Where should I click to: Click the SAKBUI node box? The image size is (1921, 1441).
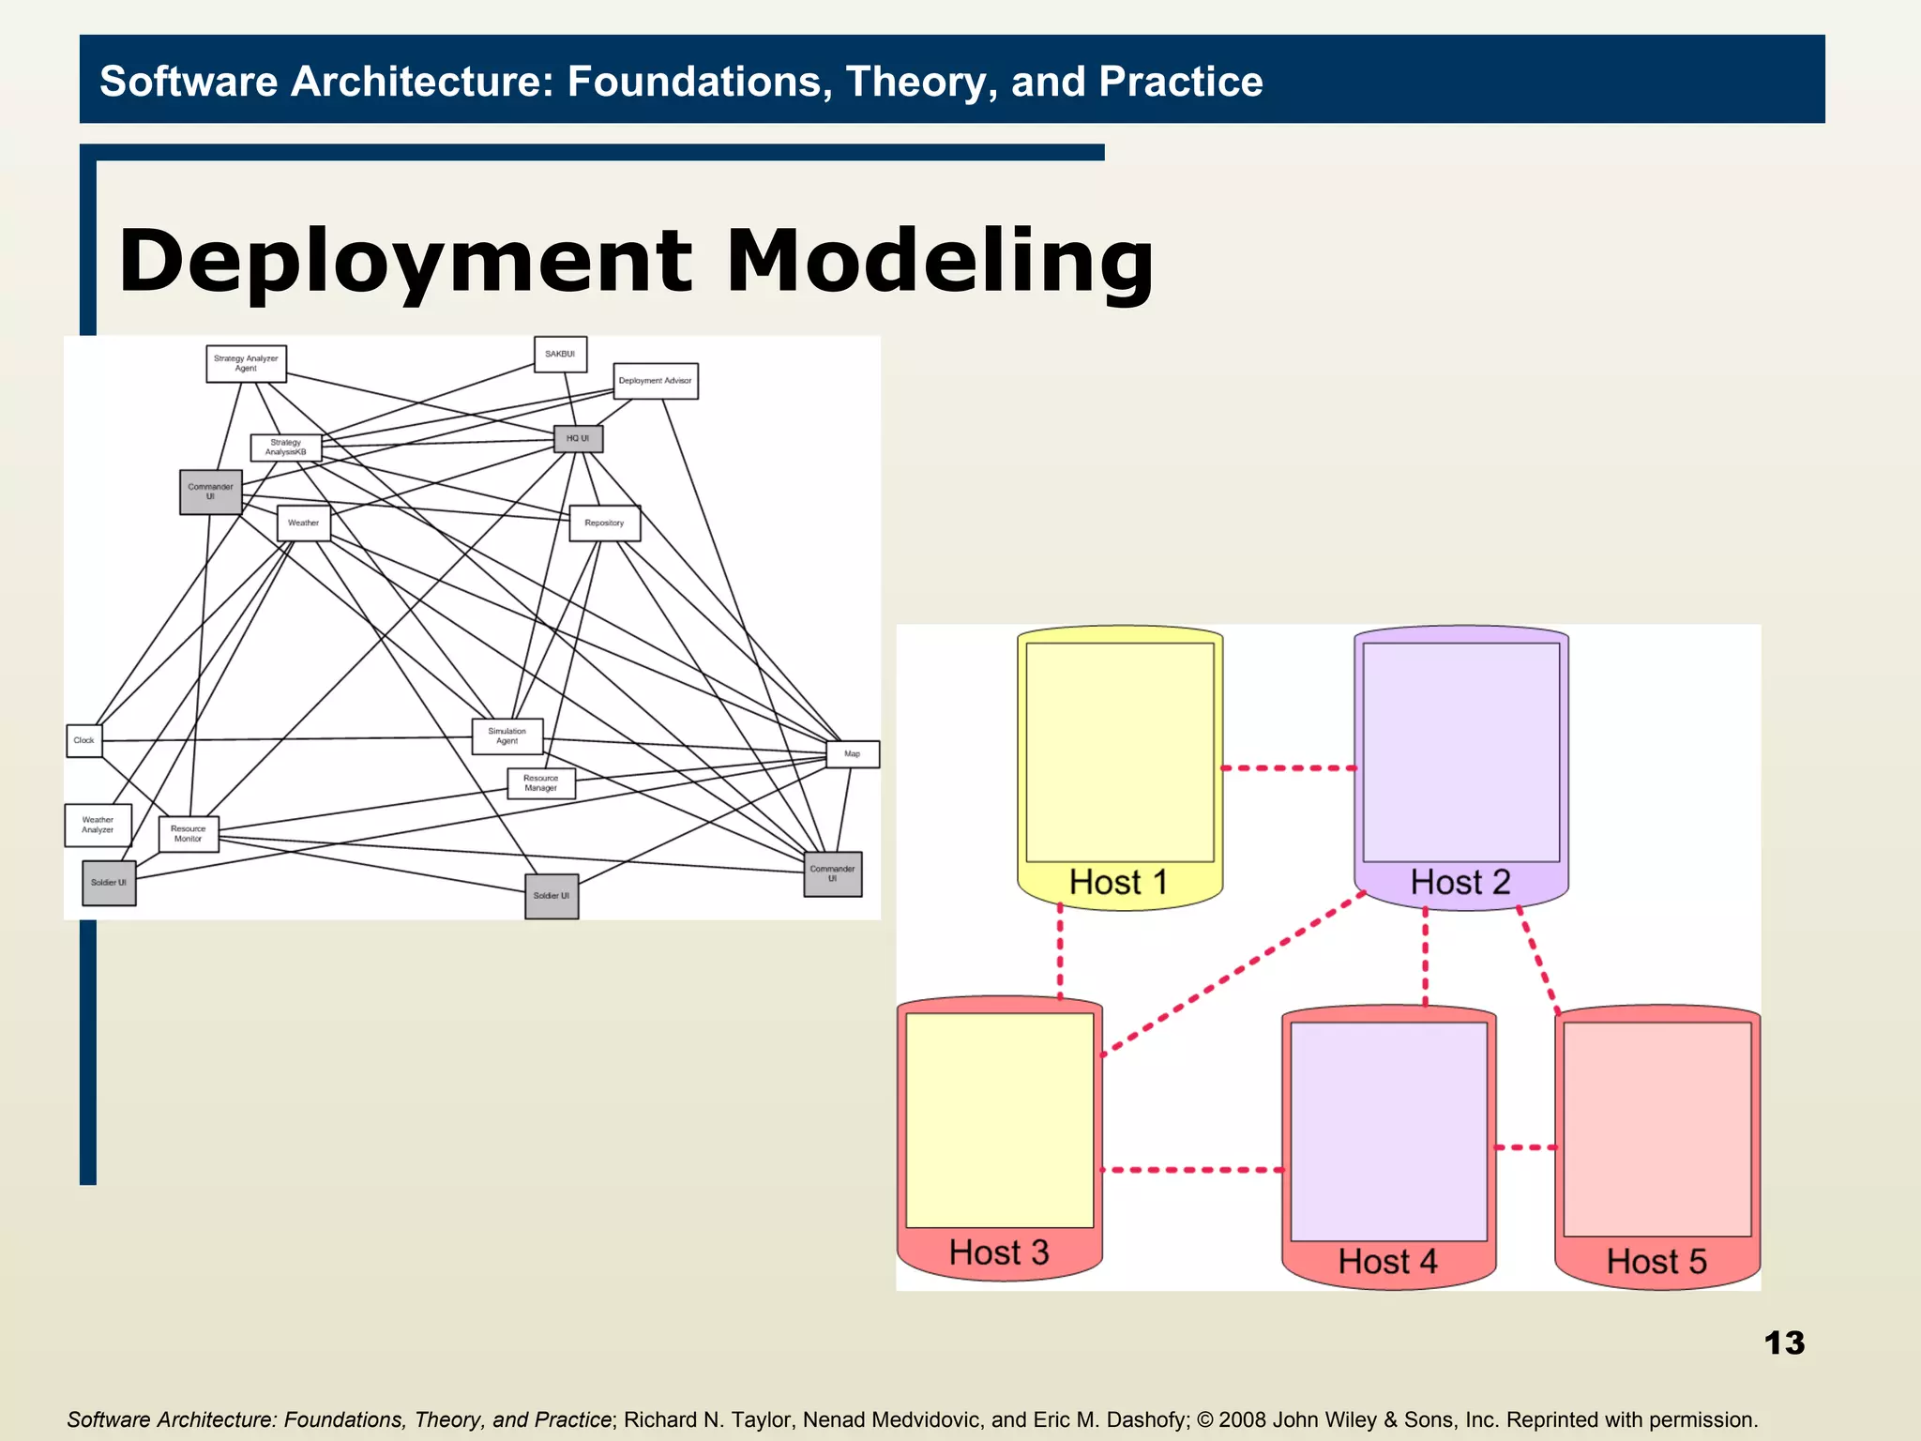point(560,355)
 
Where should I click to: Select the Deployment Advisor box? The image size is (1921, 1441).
point(656,381)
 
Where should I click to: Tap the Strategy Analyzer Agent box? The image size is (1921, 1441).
point(246,364)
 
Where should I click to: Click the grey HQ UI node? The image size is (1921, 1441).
point(578,439)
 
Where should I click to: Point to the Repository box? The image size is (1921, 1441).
point(605,523)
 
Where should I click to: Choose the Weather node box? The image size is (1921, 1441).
point(303,523)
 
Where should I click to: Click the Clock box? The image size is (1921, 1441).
point(84,741)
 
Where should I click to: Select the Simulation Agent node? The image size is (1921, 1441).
point(507,736)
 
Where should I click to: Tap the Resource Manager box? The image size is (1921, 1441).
point(541,783)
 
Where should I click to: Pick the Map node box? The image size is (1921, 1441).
point(853,754)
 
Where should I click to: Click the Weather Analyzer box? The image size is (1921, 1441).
point(98,826)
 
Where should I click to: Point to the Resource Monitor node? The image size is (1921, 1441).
point(189,834)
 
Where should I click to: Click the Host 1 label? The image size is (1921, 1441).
point(1118,883)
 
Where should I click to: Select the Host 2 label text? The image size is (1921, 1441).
point(1460,883)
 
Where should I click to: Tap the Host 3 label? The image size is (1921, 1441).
point(999,1253)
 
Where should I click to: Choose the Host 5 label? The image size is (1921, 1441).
point(1656,1262)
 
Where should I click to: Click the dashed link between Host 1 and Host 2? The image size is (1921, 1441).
point(1289,768)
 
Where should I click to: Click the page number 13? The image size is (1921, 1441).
point(1784,1343)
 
